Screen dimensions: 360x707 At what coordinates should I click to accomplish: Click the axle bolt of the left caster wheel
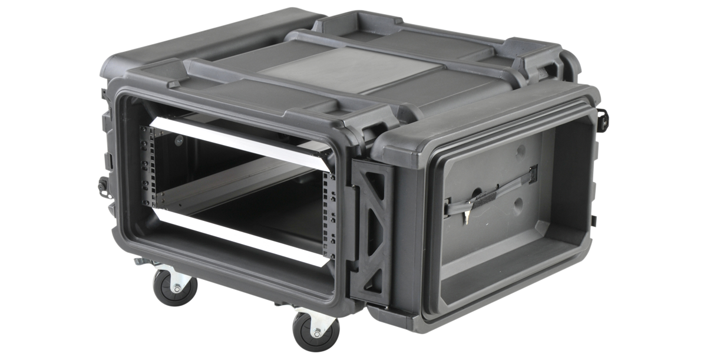[x=176, y=288]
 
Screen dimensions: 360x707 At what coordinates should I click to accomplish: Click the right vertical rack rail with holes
[x=327, y=206]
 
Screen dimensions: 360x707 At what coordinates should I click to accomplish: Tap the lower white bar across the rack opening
[x=236, y=237]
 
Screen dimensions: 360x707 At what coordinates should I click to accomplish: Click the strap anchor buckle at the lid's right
[x=533, y=172]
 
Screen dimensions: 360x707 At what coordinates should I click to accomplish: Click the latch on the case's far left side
[x=102, y=187]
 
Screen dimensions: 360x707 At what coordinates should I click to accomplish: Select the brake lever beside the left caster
[x=141, y=260]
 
